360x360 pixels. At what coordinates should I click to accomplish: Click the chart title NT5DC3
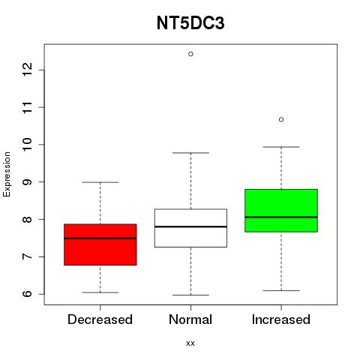(x=190, y=23)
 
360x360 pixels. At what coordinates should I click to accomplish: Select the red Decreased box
(x=100, y=244)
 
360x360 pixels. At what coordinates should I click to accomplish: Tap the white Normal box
(x=190, y=228)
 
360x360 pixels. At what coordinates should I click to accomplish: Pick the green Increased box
(x=281, y=211)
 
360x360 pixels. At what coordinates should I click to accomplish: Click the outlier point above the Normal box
(x=190, y=54)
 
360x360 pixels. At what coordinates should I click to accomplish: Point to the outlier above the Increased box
(x=281, y=119)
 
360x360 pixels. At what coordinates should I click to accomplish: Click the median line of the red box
(x=100, y=238)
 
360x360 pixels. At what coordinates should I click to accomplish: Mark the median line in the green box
(x=281, y=217)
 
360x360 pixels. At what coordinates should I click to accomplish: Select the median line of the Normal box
(x=190, y=226)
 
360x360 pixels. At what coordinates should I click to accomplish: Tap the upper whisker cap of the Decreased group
(x=100, y=182)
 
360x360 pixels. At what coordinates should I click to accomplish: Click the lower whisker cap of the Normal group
(x=190, y=295)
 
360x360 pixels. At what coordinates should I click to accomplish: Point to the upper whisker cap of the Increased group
(x=281, y=147)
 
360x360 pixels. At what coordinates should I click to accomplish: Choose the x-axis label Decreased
(x=100, y=319)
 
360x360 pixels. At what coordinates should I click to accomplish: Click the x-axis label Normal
(x=190, y=319)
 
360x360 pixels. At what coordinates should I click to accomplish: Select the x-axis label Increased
(x=281, y=319)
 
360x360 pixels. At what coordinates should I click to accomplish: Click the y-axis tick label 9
(x=28, y=181)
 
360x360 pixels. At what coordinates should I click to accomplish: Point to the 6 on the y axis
(x=28, y=294)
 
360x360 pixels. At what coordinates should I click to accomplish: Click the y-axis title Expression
(x=7, y=175)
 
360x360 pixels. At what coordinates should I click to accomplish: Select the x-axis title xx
(x=190, y=343)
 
